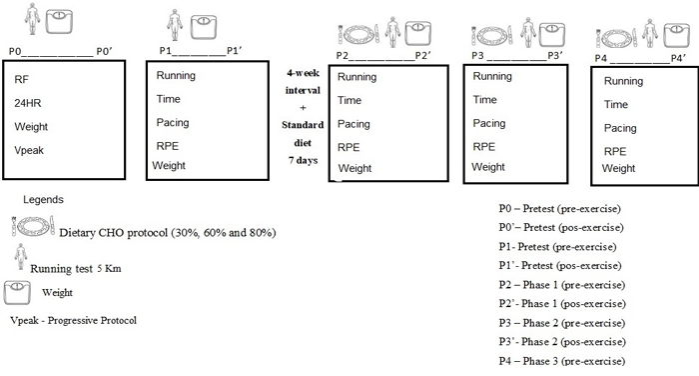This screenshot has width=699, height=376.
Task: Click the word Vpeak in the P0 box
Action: tap(29, 150)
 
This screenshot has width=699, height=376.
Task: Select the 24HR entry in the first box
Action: tap(28, 103)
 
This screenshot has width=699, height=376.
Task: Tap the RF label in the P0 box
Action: tap(21, 79)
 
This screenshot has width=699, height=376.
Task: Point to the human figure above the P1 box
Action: tap(175, 25)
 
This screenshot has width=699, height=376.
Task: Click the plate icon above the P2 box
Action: tap(358, 34)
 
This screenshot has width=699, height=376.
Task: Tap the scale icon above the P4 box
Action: tap(677, 35)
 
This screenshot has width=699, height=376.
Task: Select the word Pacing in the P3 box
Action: tap(489, 123)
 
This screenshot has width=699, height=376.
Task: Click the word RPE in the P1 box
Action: tap(167, 146)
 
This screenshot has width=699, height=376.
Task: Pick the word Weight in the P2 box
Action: tap(354, 168)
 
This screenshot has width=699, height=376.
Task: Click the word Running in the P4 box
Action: tap(624, 81)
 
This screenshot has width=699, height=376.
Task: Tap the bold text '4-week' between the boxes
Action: tap(304, 73)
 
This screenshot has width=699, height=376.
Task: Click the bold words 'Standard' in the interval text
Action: tap(303, 125)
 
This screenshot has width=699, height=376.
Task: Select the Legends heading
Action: tap(43, 200)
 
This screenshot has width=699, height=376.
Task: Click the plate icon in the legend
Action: tap(33, 226)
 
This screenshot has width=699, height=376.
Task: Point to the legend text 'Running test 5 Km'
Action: tap(76, 268)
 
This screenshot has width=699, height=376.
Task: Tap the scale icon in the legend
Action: tap(17, 292)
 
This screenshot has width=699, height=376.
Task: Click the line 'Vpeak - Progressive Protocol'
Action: tap(74, 321)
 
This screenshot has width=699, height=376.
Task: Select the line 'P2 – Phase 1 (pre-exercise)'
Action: tap(561, 285)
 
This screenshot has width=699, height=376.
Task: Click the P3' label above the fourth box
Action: tap(554, 55)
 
